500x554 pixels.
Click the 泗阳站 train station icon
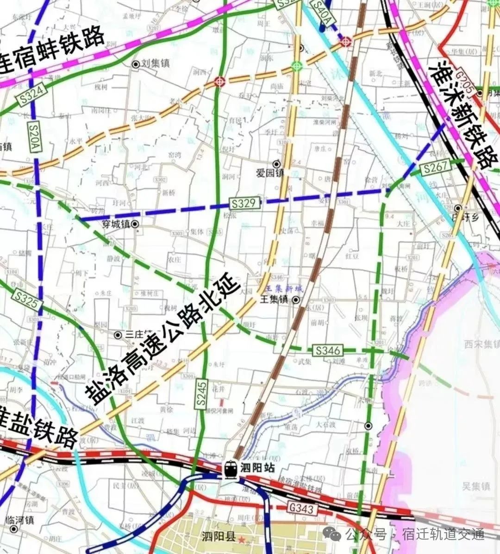pyautogui.click(x=231, y=469)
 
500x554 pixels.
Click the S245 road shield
pyautogui.click(x=200, y=394)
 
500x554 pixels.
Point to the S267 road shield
pyautogui.click(x=435, y=168)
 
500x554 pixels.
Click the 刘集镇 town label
pyautogui.click(x=155, y=64)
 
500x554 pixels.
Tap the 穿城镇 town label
pyautogui.click(x=116, y=224)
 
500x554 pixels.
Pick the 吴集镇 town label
pyautogui.click(x=476, y=486)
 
